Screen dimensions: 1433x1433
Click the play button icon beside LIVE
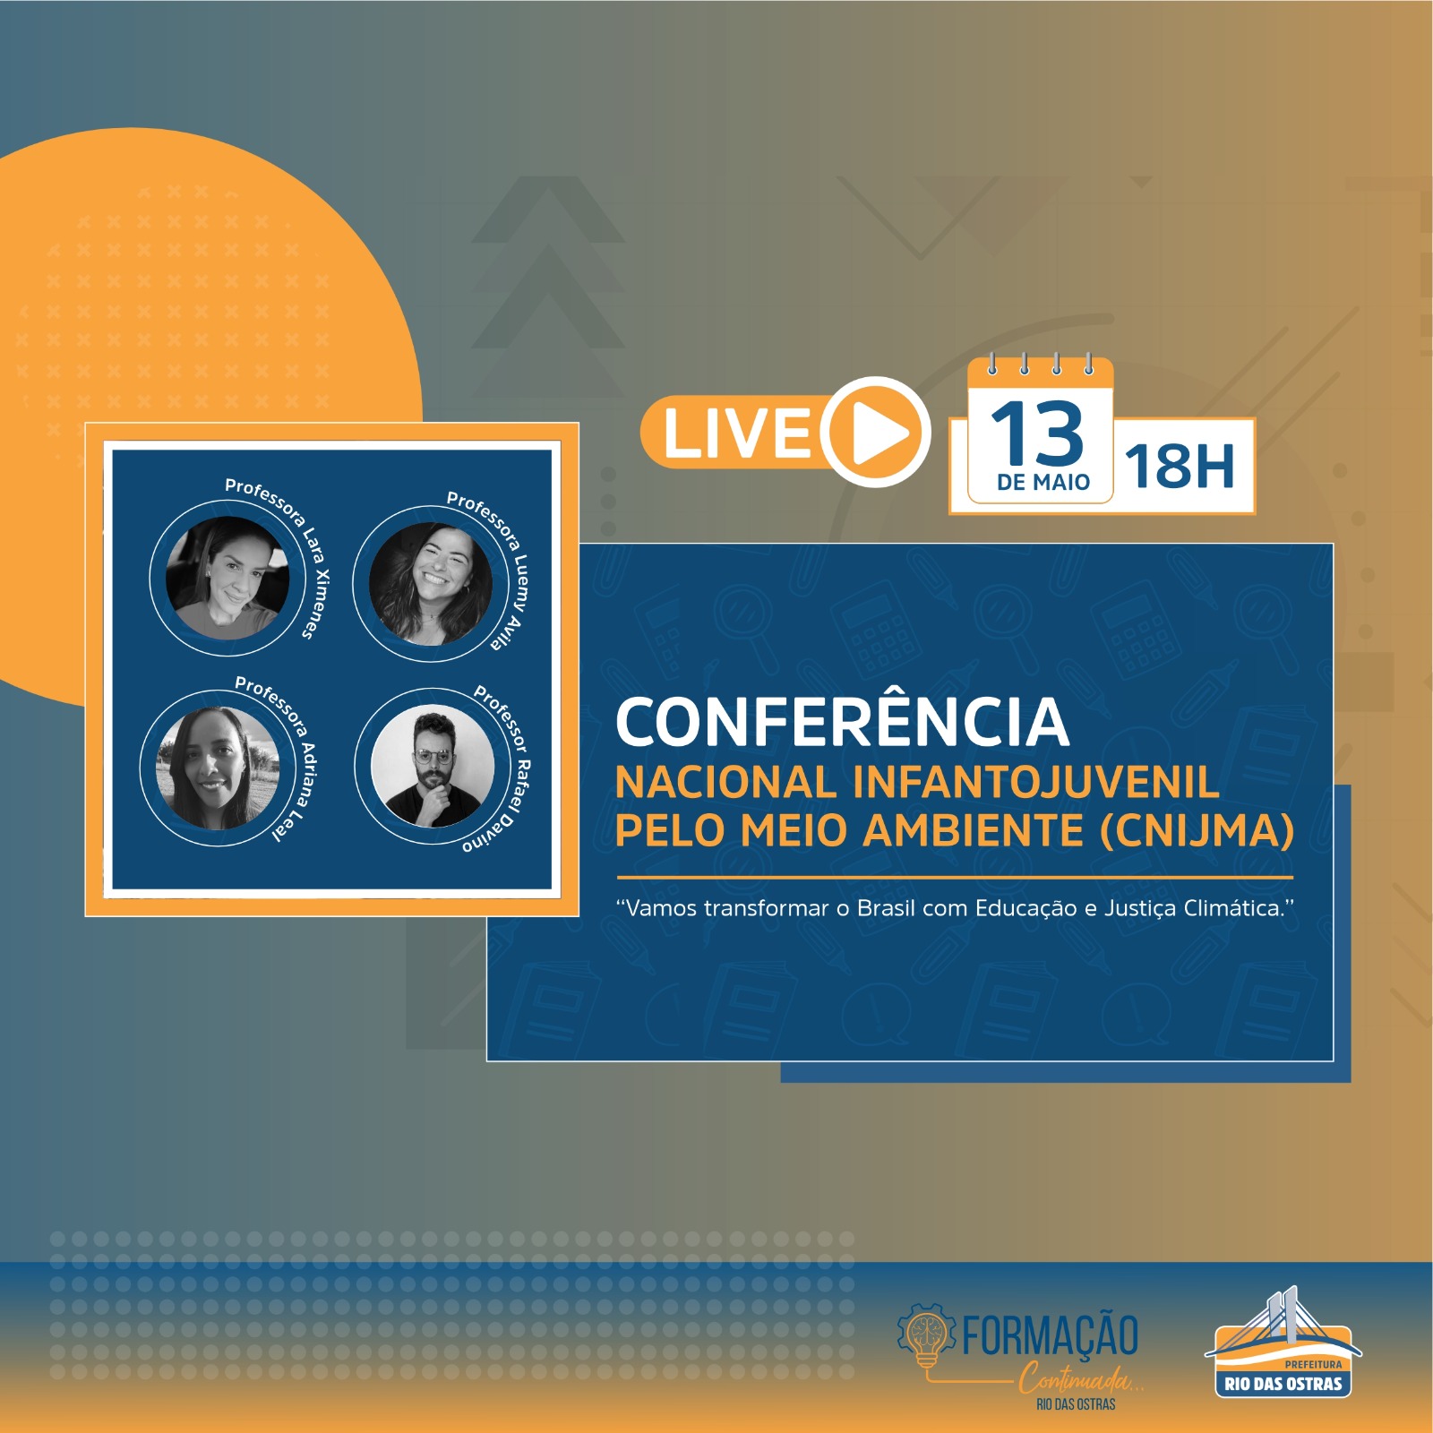click(x=876, y=432)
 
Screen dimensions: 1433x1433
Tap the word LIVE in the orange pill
click(x=736, y=433)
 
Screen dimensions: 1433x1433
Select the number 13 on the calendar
click(x=1037, y=433)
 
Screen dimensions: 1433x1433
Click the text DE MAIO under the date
click(x=1043, y=482)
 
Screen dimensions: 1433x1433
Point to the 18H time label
click(x=1180, y=467)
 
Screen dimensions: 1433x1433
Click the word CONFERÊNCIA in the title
click(x=843, y=722)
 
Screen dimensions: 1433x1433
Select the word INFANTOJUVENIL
click(x=1036, y=782)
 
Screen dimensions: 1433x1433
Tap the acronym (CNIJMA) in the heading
click(x=1197, y=830)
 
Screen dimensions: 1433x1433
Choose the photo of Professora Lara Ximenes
click(x=227, y=577)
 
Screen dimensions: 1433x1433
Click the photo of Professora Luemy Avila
click(x=431, y=584)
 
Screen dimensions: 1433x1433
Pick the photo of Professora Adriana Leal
click(x=218, y=768)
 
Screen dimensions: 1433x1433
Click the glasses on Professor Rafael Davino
click(x=433, y=757)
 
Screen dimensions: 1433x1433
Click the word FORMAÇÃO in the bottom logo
click(x=1050, y=1336)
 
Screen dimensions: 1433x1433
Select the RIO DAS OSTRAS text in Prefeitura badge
click(x=1283, y=1384)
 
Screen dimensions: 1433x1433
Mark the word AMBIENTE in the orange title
click(x=974, y=830)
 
